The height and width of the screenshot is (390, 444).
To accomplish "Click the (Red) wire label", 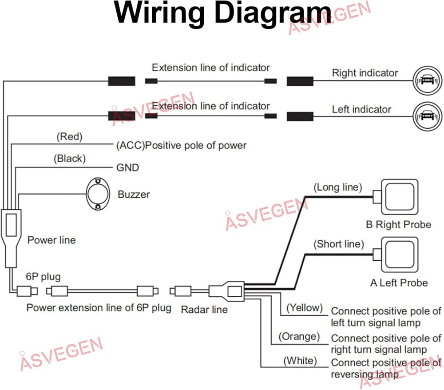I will click(70, 137).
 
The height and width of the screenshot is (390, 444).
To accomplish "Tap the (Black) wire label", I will click(70, 158).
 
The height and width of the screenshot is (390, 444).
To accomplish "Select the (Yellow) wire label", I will click(304, 307).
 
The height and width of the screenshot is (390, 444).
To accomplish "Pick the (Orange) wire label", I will click(299, 337).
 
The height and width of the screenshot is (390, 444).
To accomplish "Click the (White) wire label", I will click(300, 361).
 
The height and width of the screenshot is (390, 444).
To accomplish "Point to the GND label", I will click(127, 167).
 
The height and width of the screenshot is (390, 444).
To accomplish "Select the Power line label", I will click(52, 240).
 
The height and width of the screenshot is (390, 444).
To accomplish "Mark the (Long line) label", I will click(338, 187).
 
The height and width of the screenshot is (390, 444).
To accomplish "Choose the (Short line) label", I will click(339, 244).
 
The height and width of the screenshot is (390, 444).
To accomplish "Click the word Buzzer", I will click(134, 194).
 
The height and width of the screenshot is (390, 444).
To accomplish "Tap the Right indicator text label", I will click(365, 73).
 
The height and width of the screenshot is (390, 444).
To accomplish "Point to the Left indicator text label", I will click(361, 109).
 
